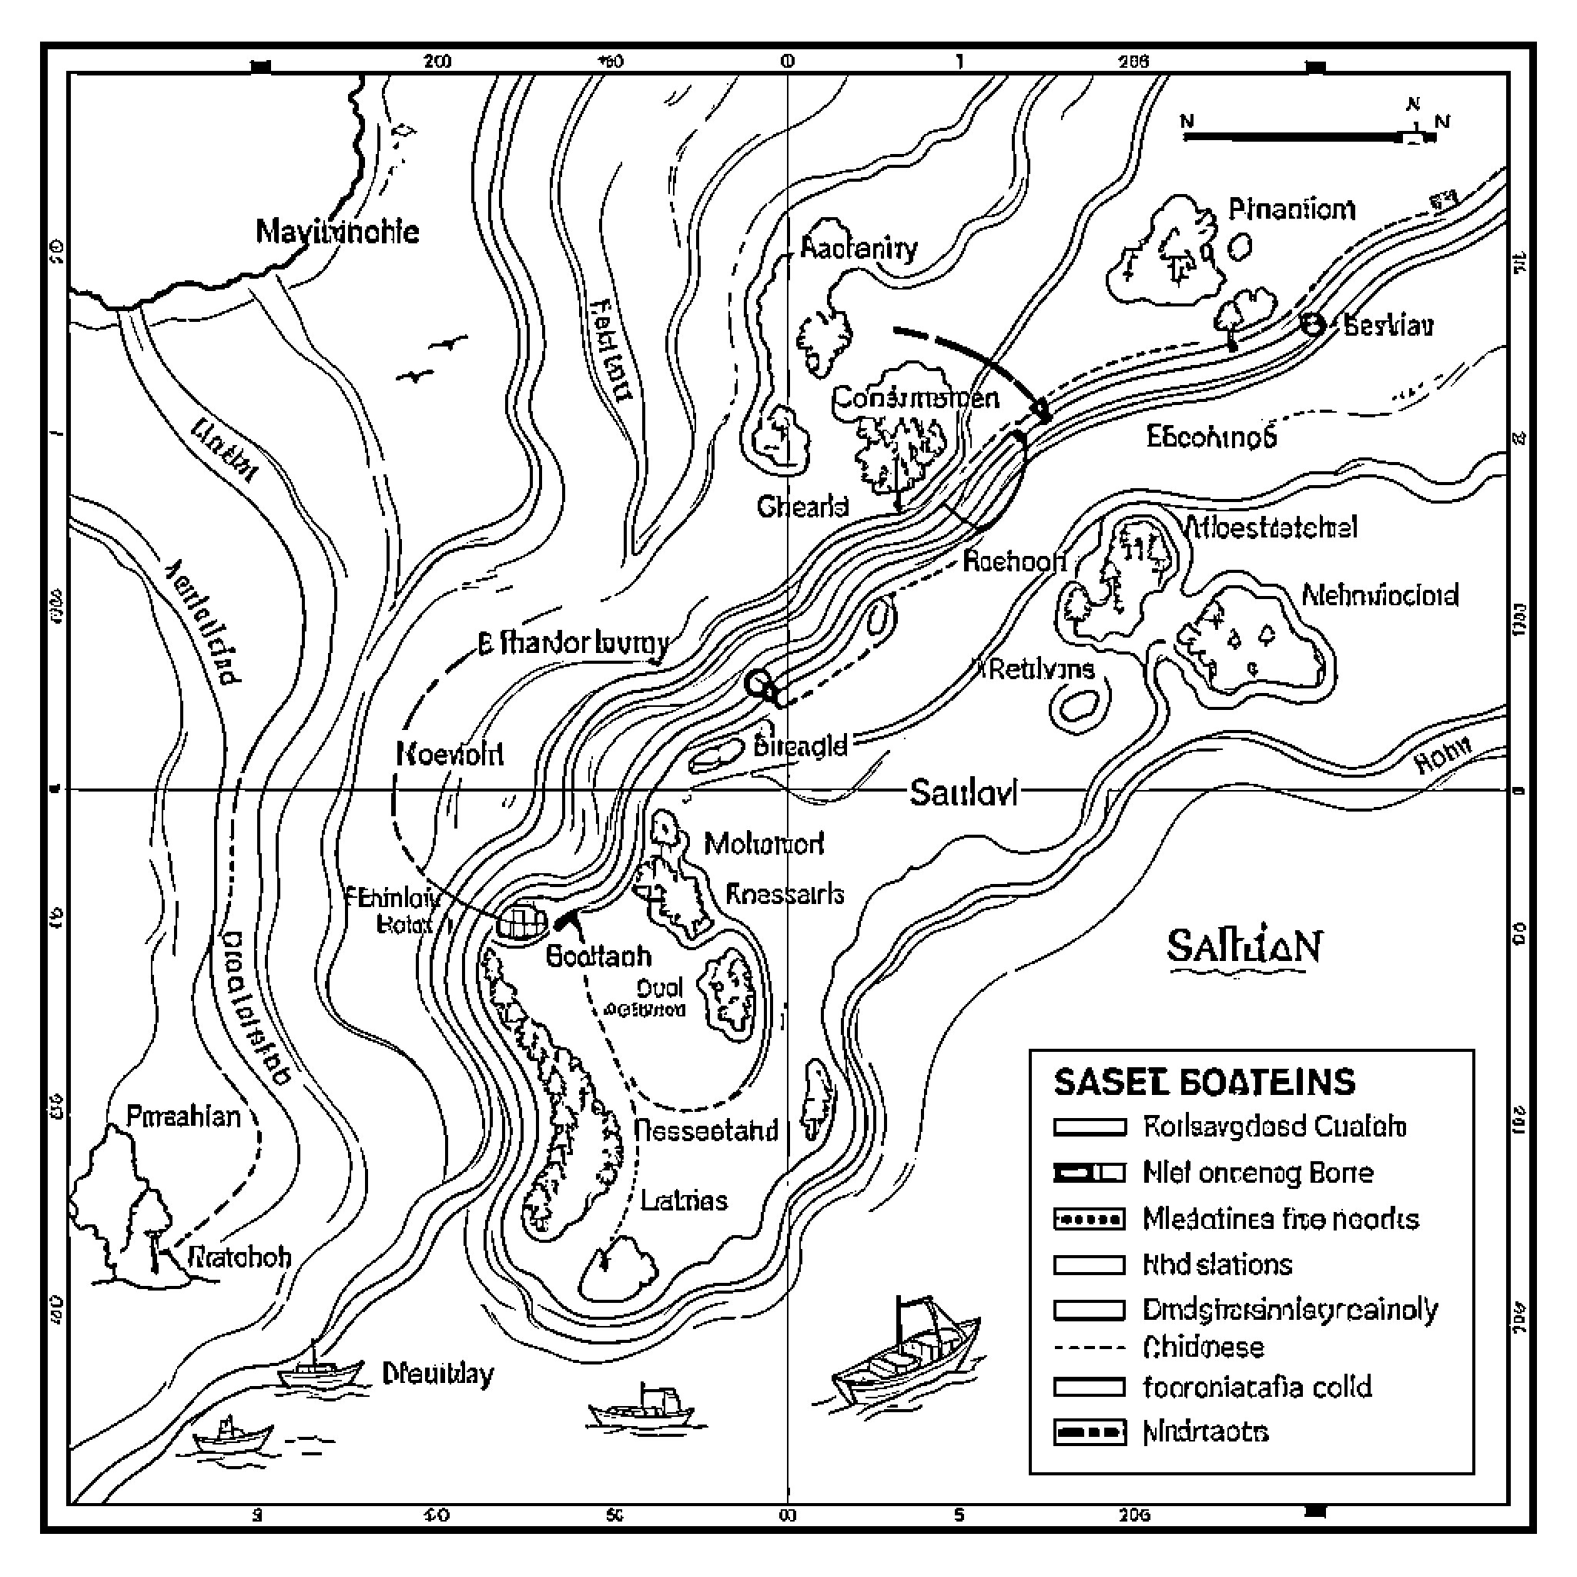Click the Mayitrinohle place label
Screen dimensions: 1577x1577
337,232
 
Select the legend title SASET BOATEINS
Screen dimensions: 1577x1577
1204,1083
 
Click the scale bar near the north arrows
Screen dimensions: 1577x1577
1297,137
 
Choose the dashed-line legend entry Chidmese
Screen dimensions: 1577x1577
1204,1348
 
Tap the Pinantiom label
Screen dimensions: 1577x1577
1291,210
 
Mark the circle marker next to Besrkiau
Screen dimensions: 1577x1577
1311,325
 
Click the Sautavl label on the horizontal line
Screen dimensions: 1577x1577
963,792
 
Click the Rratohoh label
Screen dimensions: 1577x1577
239,1256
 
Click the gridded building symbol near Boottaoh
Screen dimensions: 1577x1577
522,922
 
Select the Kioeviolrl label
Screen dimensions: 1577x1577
450,753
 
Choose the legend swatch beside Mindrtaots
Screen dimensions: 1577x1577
1089,1432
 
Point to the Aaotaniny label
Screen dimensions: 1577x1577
859,247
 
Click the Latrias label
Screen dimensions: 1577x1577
684,1200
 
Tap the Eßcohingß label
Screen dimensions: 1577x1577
1211,437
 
